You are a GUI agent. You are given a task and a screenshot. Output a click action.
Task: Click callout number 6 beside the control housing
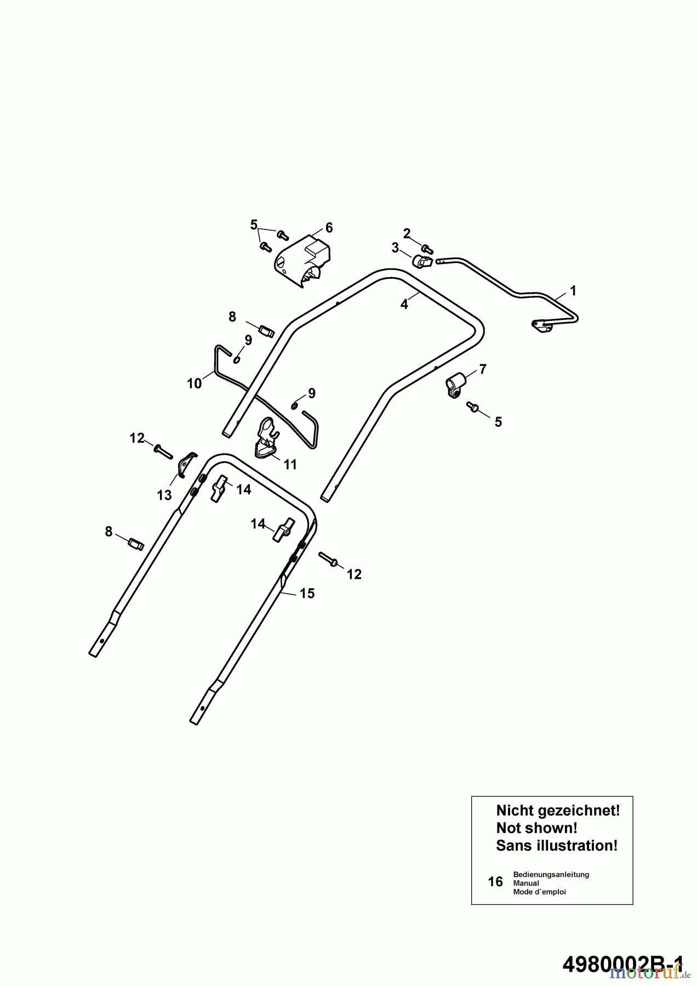(x=329, y=227)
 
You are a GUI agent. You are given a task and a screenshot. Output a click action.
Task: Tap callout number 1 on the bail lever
(x=573, y=290)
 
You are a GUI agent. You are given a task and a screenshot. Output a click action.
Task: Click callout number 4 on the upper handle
(x=404, y=305)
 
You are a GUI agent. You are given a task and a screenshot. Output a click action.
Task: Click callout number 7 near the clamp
(x=483, y=369)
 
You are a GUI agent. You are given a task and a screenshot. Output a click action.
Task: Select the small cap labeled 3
(x=421, y=262)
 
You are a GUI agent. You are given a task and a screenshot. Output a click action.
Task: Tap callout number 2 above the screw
(x=407, y=233)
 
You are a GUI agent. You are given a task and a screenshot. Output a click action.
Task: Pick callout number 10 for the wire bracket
(x=195, y=383)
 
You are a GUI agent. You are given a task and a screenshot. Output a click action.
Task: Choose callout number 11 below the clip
(x=290, y=465)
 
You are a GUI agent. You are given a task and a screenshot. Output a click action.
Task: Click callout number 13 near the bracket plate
(x=164, y=495)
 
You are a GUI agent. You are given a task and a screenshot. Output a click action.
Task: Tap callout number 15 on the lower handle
(x=307, y=593)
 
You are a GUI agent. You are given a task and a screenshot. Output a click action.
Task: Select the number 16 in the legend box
(x=495, y=882)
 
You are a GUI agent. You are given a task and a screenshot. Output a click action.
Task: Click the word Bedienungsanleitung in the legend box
(x=551, y=874)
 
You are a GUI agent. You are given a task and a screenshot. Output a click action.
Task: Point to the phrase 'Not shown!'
(x=536, y=828)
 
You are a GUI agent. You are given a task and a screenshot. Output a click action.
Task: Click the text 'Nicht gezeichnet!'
(x=558, y=811)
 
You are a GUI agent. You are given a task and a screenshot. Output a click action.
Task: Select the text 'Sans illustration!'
(x=557, y=846)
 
